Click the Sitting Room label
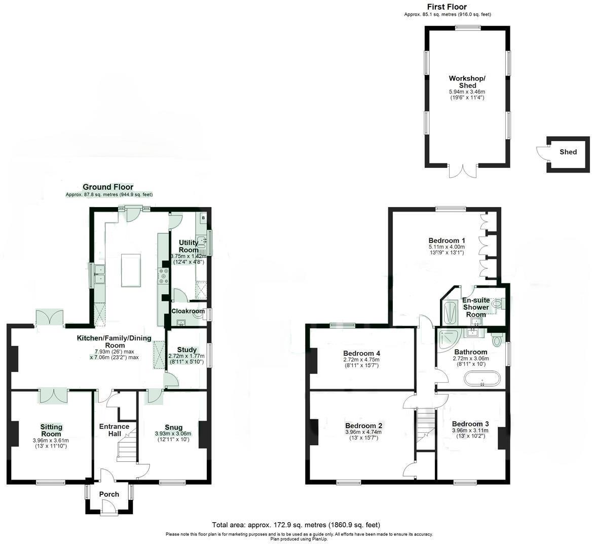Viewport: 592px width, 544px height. click(51, 430)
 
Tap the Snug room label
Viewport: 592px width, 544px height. click(173, 427)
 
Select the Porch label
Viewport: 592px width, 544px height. click(109, 494)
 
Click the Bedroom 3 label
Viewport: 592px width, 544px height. click(470, 424)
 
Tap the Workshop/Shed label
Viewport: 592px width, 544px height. click(467, 82)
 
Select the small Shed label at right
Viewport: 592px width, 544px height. click(568, 152)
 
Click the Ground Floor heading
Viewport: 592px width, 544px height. click(108, 187)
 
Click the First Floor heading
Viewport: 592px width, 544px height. click(447, 7)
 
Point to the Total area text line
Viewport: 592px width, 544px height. click(295, 525)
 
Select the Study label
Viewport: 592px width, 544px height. click(187, 349)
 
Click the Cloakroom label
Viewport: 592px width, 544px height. click(188, 311)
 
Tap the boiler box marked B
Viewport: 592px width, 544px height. click(204, 217)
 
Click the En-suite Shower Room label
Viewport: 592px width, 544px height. click(475, 307)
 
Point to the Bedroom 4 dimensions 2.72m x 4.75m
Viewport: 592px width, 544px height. click(361, 360)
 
